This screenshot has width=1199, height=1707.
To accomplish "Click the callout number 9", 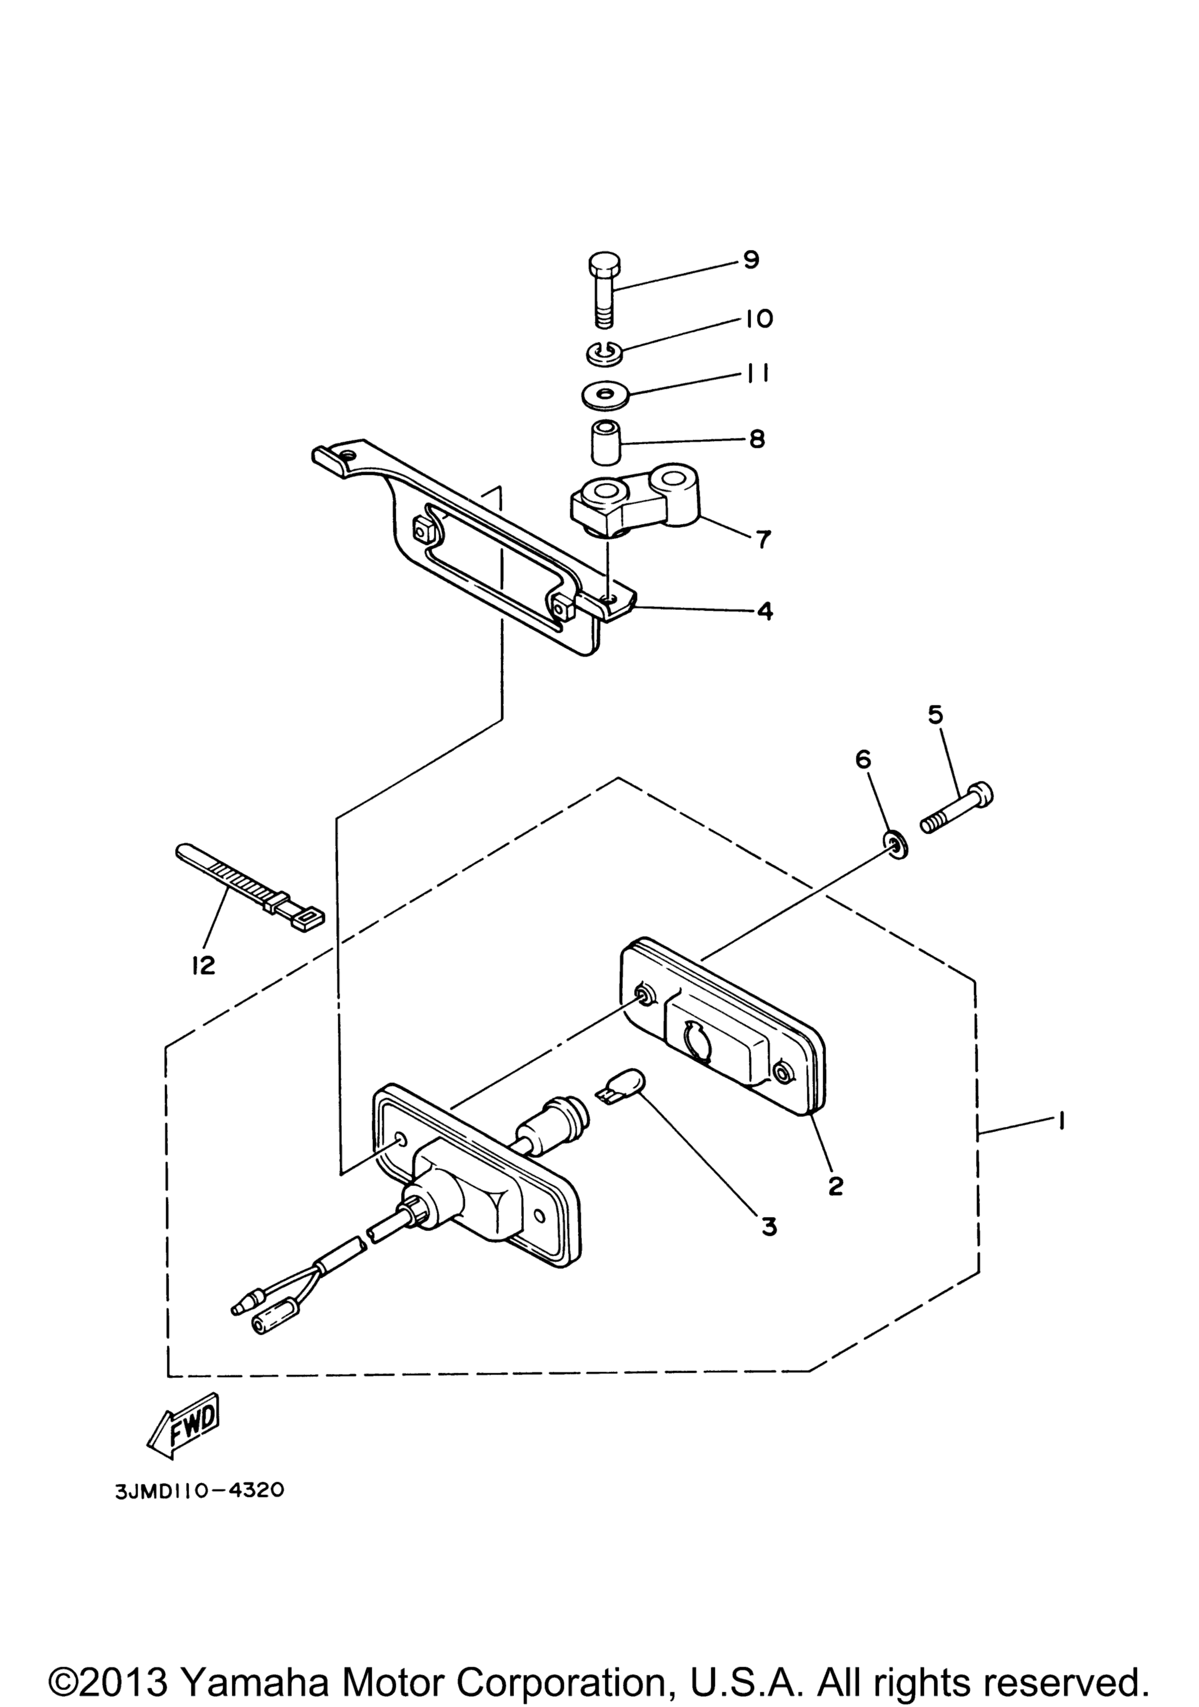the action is pos(750,260).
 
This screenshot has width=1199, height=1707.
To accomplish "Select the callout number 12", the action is pos(202,965).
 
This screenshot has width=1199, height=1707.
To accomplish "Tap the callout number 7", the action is pos(763,539).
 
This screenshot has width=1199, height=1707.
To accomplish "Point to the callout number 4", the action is pos(765,611).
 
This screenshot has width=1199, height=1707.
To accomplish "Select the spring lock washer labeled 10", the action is pos(607,352).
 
